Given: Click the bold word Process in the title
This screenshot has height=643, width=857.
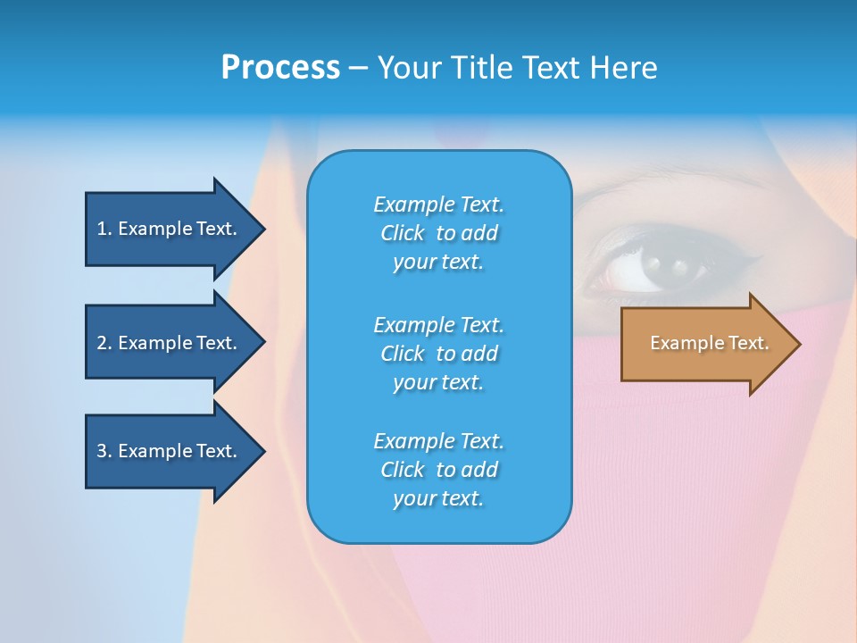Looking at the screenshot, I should coord(280,68).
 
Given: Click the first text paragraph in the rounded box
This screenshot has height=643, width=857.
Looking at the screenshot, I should coord(438,233).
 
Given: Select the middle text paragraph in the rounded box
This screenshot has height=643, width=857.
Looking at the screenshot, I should coord(438,354).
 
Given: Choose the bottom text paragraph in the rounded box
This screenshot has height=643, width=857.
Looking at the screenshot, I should coord(438,470).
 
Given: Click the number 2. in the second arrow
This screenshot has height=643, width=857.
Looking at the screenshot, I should coord(104,343).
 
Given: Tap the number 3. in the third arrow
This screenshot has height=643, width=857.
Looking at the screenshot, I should coord(104,451).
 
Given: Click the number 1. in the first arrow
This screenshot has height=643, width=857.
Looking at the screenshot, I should coord(104,229).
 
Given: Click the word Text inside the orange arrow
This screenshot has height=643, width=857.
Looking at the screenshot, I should coord(748,343).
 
